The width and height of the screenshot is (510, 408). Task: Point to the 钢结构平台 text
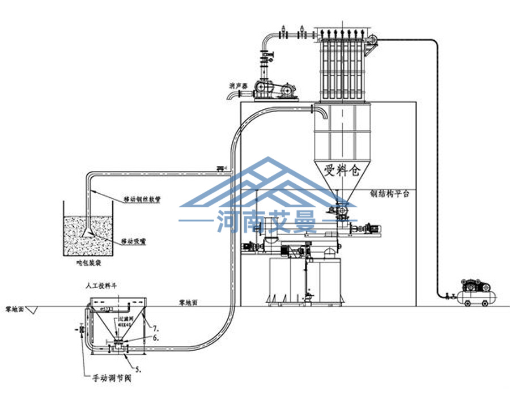tap(389, 193)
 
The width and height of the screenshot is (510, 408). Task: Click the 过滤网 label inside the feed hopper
tap(125, 321)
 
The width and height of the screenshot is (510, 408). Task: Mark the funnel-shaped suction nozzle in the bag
tap(88, 229)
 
